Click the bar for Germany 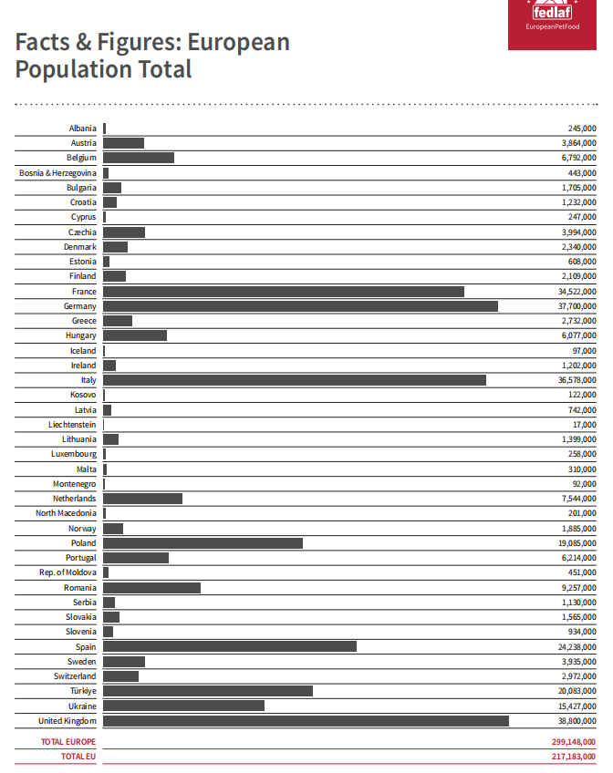pos(300,306)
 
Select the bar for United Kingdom pos(306,721)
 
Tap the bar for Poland pos(203,543)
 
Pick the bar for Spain pos(230,647)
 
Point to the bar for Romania pos(151,588)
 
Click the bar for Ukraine pos(183,706)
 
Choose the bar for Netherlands pos(142,499)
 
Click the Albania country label pos(82,129)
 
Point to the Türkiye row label pos(81,691)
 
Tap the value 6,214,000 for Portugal pos(577,558)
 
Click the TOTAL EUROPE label pos(68,742)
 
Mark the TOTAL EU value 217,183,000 pos(574,757)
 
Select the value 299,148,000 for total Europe pos(574,742)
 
